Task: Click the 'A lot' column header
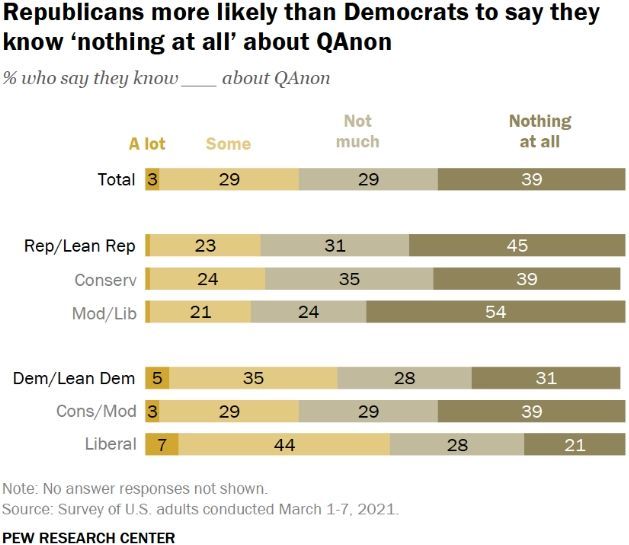pos(147,144)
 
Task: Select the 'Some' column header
pos(228,144)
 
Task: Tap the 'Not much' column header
pos(357,131)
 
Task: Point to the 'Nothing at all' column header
pos(539,131)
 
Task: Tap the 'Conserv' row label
pos(105,279)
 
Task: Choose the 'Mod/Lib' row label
pos(105,312)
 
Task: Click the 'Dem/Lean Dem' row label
pos(76,378)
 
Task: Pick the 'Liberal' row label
pos(109,444)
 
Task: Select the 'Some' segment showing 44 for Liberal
pos(284,444)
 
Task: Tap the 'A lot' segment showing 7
pos(162,444)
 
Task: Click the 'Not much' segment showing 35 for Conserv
pos(349,279)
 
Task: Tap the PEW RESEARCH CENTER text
pos(89,537)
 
